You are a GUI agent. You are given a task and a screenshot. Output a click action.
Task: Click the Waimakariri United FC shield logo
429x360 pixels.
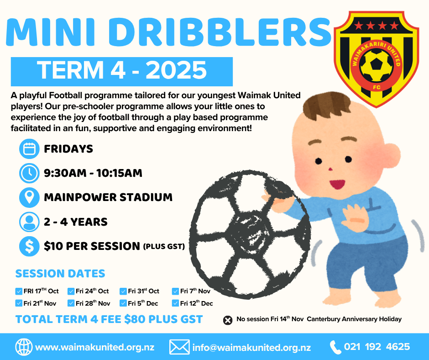click(377, 59)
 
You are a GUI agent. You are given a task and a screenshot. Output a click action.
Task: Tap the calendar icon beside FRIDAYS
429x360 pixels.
click(29, 149)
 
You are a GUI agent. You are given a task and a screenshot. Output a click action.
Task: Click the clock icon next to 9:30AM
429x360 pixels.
click(29, 173)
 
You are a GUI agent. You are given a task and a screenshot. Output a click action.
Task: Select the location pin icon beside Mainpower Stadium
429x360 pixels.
click(29, 197)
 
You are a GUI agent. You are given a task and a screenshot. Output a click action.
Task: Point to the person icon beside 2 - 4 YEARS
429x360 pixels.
click(29, 222)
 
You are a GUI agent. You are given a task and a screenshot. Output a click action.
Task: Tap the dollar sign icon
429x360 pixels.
click(29, 246)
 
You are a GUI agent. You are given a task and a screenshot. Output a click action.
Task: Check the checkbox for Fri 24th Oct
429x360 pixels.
click(71, 291)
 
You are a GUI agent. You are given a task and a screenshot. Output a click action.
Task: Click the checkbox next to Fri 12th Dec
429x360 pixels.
click(175, 303)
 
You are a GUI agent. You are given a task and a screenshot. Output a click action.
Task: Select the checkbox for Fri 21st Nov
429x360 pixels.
click(19, 303)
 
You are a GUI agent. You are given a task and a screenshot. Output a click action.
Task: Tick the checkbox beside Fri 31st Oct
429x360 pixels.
click(123, 291)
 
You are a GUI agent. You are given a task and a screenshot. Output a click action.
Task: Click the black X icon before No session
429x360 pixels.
click(228, 320)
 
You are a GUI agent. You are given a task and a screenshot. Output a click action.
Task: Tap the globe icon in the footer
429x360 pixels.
click(24, 347)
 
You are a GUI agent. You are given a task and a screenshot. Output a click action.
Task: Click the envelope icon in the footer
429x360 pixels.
click(179, 347)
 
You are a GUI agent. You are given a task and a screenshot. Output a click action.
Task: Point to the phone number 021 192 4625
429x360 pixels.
click(377, 347)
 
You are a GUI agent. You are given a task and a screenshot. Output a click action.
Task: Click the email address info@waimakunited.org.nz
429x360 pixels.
click(252, 347)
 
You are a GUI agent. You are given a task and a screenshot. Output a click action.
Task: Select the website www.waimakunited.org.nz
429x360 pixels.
click(95, 347)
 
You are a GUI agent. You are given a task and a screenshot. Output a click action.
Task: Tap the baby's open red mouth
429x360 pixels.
click(338, 184)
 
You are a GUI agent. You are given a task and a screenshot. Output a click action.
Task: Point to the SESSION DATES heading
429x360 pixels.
click(60, 273)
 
